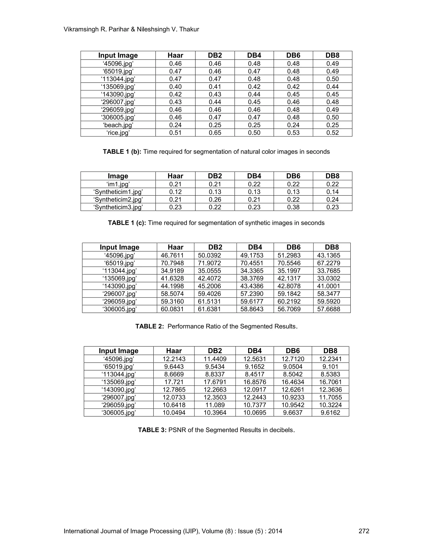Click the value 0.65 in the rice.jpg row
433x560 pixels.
pos(215,133)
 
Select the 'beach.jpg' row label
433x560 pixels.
pos(118,125)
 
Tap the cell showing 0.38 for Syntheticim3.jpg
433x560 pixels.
pos(293,207)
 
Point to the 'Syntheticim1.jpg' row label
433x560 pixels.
pos(118,192)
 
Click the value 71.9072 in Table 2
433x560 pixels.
pos(209,263)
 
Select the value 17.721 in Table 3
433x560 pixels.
pos(174,382)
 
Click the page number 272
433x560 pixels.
pos(363,531)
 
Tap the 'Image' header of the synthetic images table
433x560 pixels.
pos(118,176)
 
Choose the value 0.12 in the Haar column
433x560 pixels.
pos(175,192)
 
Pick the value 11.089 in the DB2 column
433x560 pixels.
pos(215,405)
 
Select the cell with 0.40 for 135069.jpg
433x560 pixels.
pos(175,87)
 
